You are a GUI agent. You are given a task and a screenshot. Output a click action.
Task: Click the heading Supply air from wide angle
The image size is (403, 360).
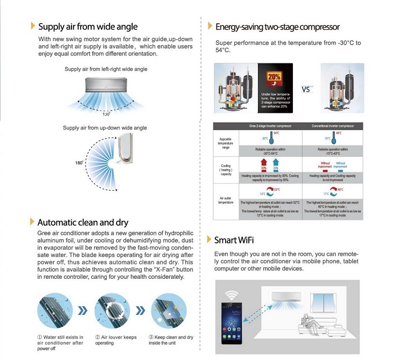(x=87, y=26)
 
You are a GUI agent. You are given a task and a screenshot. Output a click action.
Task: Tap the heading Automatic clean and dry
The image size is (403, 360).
(x=83, y=222)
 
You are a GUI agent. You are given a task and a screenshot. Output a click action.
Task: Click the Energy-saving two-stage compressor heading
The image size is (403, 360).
(x=277, y=26)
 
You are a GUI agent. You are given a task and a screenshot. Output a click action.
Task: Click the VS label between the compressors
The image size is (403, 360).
(x=306, y=90)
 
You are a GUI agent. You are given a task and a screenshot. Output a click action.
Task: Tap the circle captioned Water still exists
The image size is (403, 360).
(x=55, y=311)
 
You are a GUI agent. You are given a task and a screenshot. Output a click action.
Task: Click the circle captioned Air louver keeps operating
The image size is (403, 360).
(x=112, y=311)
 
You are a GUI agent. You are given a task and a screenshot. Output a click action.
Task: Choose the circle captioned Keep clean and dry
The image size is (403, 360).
(x=168, y=311)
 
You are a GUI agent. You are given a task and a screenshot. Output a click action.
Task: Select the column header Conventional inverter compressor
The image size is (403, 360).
(x=333, y=126)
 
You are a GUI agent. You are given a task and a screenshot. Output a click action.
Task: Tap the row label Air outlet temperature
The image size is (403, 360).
(x=226, y=200)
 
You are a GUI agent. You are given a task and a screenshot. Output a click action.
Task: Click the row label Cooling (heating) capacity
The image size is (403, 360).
(x=226, y=170)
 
